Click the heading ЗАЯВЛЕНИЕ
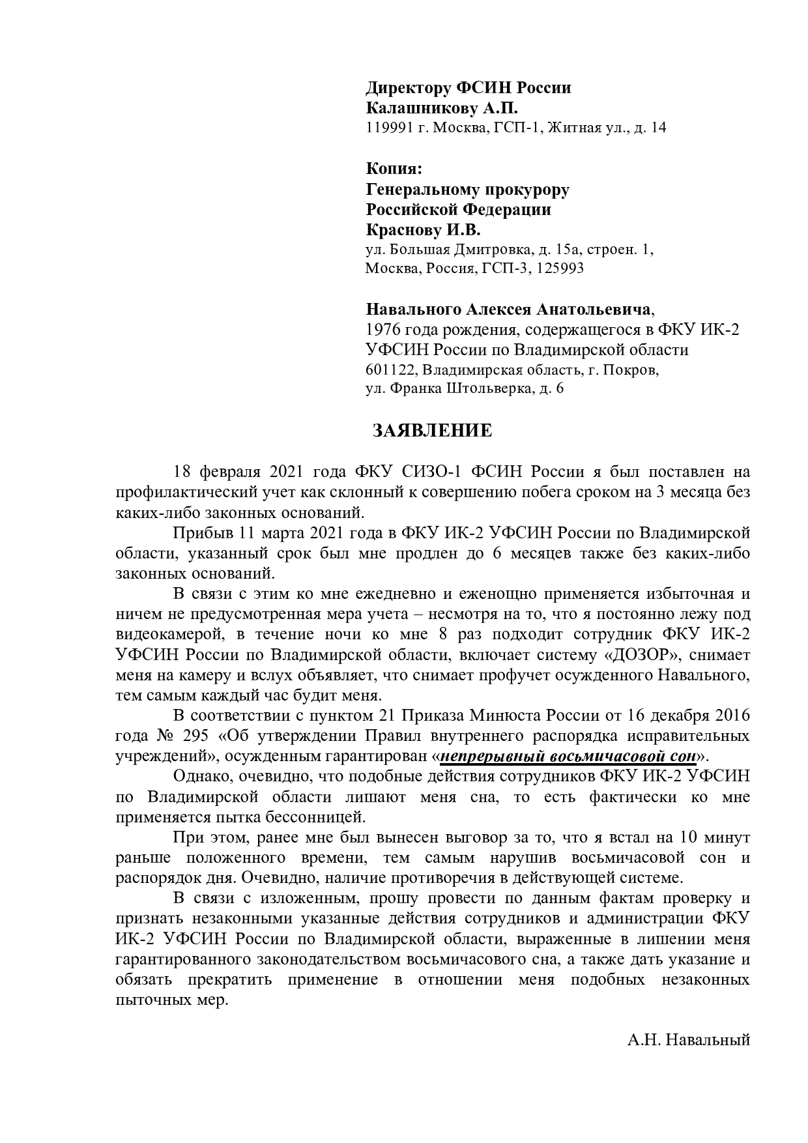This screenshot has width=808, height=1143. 432,431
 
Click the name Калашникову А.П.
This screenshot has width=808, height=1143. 441,108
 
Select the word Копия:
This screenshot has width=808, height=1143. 394,169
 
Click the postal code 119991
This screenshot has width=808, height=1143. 388,128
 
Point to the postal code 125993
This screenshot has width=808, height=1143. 558,268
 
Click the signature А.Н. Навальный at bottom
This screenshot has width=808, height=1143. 689,1039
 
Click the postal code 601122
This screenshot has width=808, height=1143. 390,370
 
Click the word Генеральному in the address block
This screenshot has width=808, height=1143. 417,190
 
